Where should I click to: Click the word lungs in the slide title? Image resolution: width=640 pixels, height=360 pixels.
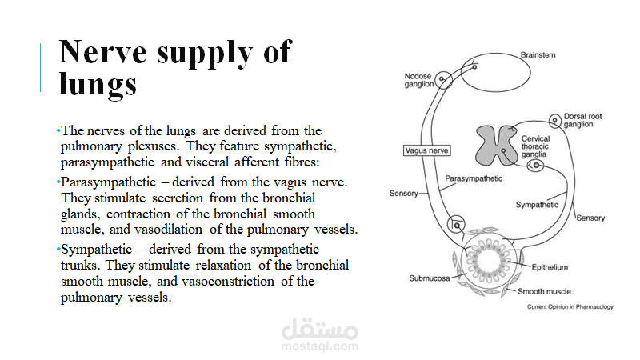pyautogui.click(x=98, y=83)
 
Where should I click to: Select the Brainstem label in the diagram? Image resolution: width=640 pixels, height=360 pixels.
pyautogui.click(x=538, y=55)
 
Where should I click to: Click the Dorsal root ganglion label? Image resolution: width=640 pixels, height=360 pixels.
pyautogui.click(x=582, y=120)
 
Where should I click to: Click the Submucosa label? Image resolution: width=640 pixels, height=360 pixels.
pyautogui.click(x=428, y=279)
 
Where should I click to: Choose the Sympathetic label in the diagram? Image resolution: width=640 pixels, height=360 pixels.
pyautogui.click(x=537, y=205)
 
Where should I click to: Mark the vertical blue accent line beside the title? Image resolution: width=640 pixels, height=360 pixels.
pyautogui.click(x=41, y=68)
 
